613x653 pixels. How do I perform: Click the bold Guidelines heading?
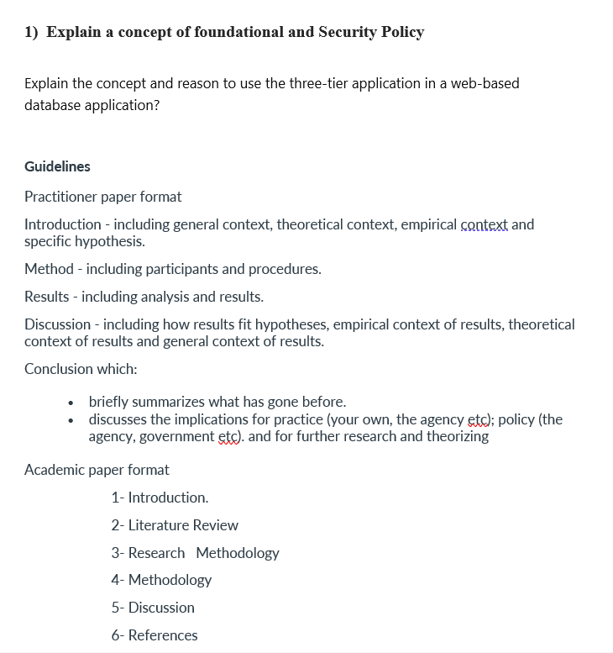pyautogui.click(x=57, y=166)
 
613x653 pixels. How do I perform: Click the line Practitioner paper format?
pyautogui.click(x=102, y=197)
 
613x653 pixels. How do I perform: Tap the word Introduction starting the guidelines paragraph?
pyautogui.click(x=63, y=224)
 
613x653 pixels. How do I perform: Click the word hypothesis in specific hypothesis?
pyautogui.click(x=109, y=242)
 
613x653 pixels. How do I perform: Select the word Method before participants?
pyautogui.click(x=49, y=269)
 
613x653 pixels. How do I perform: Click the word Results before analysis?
pyautogui.click(x=47, y=297)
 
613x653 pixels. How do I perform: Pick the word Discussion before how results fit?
pyautogui.click(x=57, y=324)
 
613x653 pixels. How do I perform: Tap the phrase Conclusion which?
pyautogui.click(x=81, y=369)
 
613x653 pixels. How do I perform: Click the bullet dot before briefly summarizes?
pyautogui.click(x=74, y=403)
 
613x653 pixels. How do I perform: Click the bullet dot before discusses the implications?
pyautogui.click(x=74, y=419)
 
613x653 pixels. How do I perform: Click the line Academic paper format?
pyautogui.click(x=97, y=470)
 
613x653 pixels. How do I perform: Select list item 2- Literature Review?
pyautogui.click(x=175, y=525)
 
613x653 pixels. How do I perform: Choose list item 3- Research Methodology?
pyautogui.click(x=195, y=553)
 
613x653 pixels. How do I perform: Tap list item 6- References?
pyautogui.click(x=155, y=635)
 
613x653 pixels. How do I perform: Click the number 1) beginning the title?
pyautogui.click(x=31, y=32)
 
